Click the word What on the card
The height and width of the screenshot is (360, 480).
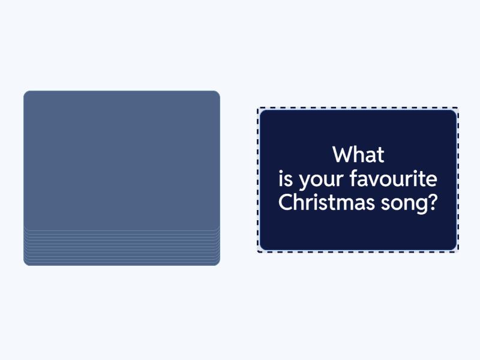(358, 155)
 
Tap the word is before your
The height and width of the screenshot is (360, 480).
(285, 179)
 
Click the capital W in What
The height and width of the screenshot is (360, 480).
(342, 155)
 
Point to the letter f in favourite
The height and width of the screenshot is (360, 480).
(353, 178)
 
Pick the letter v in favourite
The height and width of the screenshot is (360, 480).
(374, 180)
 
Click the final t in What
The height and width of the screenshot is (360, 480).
(381, 155)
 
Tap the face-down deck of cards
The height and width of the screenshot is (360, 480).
(122, 162)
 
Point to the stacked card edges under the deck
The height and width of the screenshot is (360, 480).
(122, 247)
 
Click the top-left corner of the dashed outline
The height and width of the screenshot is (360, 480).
(259, 109)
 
